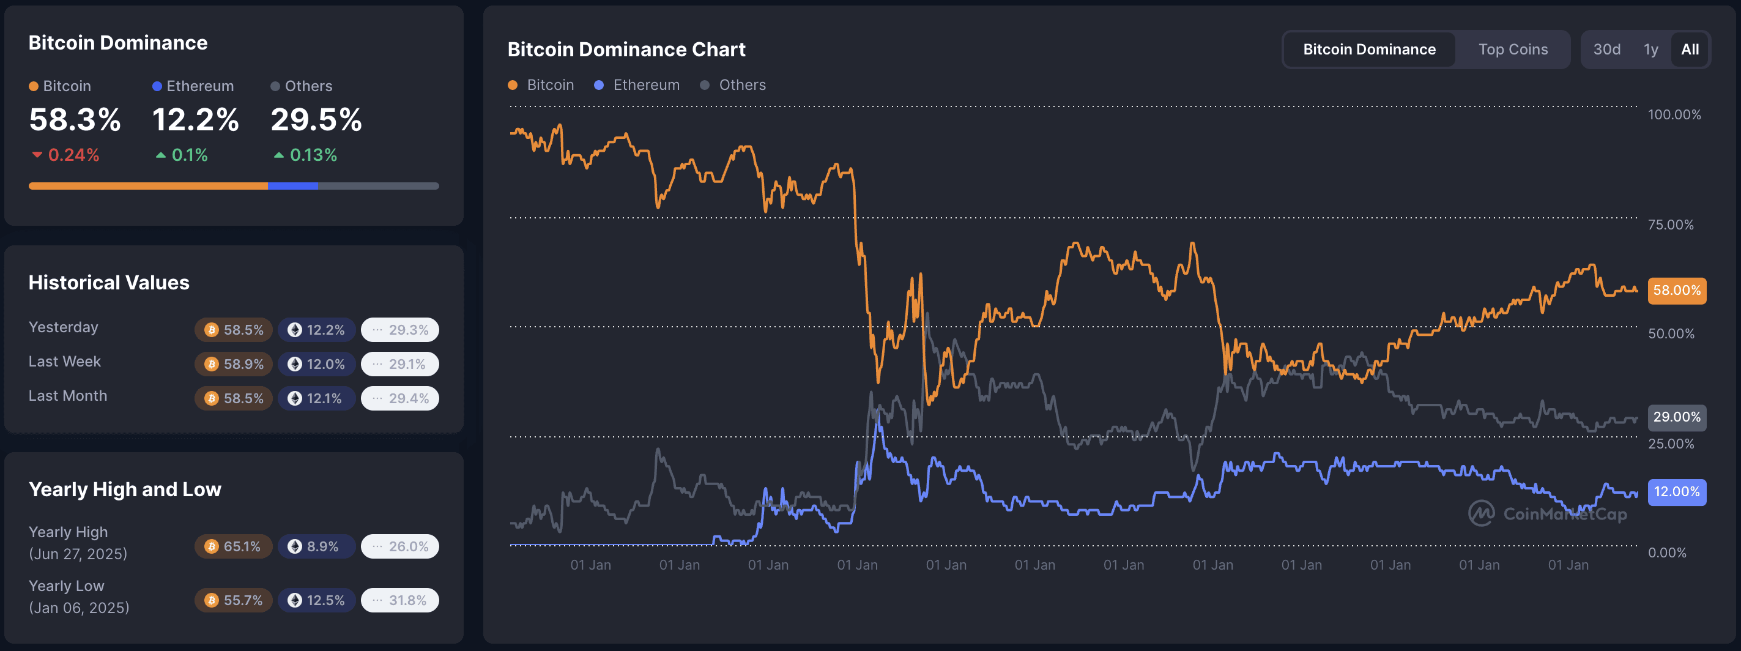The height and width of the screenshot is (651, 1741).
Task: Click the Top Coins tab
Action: (x=1513, y=50)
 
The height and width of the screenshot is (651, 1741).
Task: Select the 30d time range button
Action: (x=1606, y=50)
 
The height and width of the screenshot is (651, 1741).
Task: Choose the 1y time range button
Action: (x=1650, y=50)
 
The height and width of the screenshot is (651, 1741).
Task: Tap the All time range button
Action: (x=1690, y=50)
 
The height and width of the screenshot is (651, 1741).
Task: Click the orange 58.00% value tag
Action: (x=1676, y=291)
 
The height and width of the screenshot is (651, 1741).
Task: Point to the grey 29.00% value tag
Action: (x=1676, y=417)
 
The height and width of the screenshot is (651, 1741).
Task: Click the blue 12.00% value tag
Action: (x=1676, y=491)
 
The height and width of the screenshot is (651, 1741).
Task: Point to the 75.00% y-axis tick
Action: (x=1670, y=225)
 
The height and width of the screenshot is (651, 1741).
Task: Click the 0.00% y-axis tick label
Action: (x=1666, y=552)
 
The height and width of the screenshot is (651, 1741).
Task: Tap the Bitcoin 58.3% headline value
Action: (x=75, y=120)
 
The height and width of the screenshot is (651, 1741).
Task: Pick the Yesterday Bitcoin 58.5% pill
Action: (x=234, y=330)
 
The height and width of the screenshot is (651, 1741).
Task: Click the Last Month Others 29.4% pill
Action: (x=399, y=398)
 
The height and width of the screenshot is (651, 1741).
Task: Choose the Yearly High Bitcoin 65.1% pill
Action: (x=234, y=546)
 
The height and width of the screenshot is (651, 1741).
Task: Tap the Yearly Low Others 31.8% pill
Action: (x=399, y=600)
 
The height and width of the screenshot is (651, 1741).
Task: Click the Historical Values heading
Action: (x=109, y=283)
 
